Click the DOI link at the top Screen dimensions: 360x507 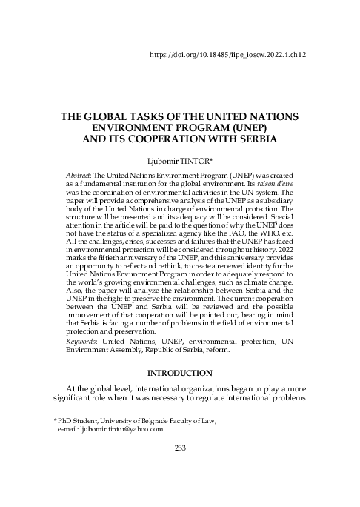tap(228, 55)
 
